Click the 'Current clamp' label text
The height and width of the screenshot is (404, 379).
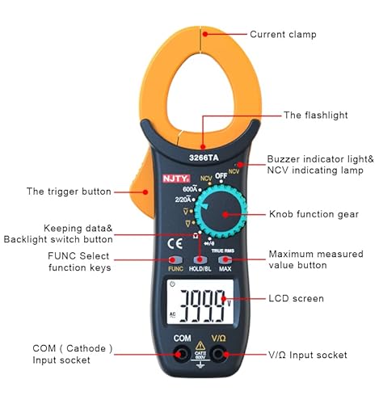(x=283, y=34)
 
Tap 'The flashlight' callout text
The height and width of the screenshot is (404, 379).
(x=316, y=115)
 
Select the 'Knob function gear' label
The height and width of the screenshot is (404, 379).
(x=313, y=216)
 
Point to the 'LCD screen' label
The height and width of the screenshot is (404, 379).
(x=296, y=298)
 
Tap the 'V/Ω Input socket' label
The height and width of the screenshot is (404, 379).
(x=309, y=355)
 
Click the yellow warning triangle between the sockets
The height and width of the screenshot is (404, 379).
(x=200, y=345)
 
